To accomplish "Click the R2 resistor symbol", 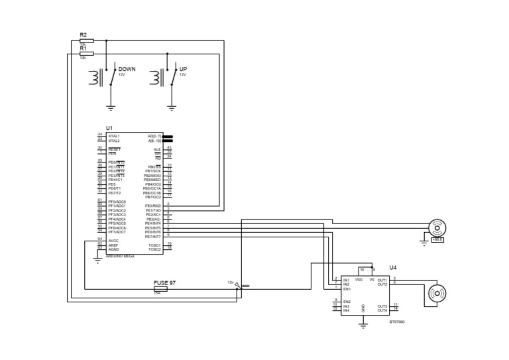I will pos(86,40).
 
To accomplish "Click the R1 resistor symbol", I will pos(86,54).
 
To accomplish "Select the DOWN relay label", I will pos(127,69).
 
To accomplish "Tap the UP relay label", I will pos(183,69).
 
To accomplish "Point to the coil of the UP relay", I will pos(156,78).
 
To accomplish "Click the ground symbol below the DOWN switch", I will pos(111,106).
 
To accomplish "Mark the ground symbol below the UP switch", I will pos(172,106).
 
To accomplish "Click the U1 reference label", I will pos(109,127).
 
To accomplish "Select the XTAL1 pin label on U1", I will pos(114,136).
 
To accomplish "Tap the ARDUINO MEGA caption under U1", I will pos(121,256).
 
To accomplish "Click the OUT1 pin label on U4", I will pos(382,280).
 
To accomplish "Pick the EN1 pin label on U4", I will pos(347,289).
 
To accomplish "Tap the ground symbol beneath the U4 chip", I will pos(363,324).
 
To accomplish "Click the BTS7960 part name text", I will pos(396,322).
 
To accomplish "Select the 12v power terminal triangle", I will pos(239,284).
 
